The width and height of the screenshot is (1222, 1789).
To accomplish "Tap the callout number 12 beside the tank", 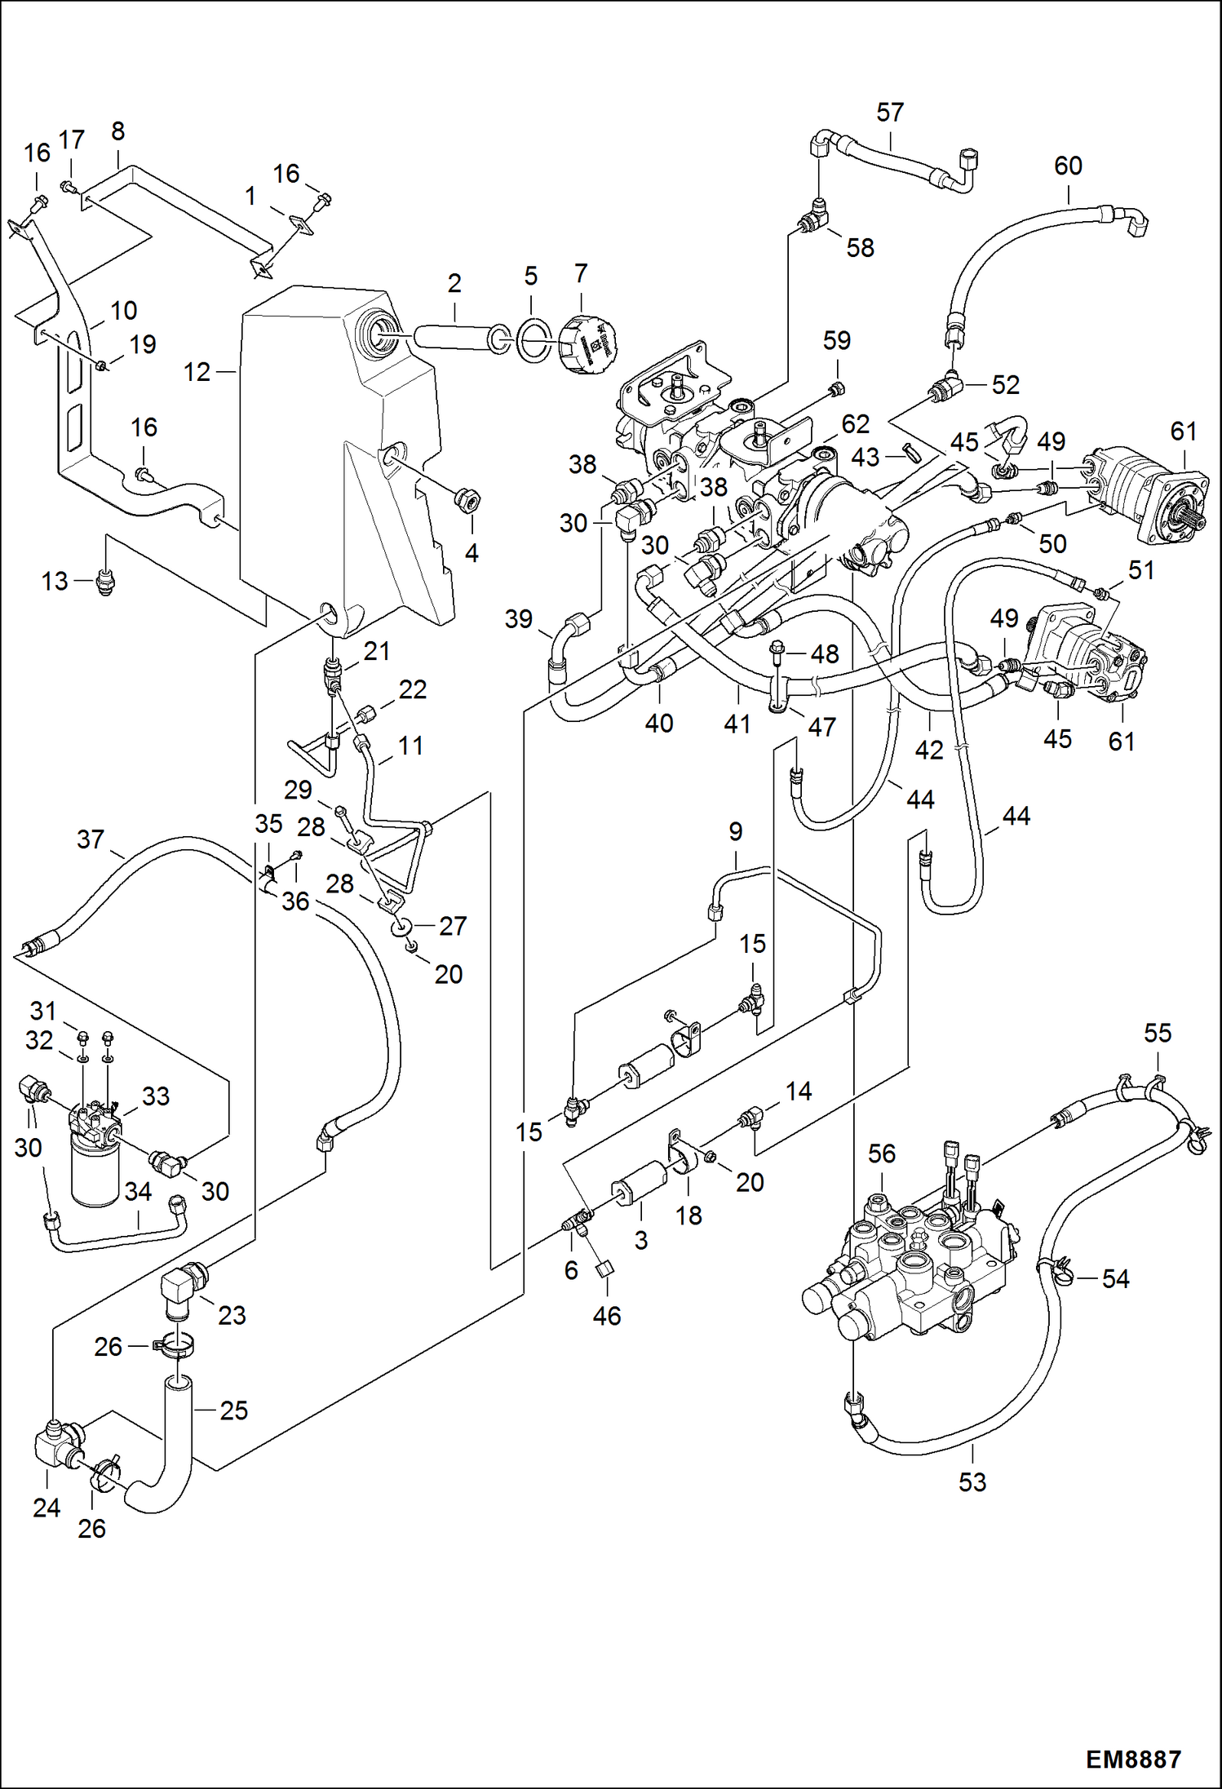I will click(197, 373).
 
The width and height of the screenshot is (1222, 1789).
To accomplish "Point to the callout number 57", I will click(890, 113).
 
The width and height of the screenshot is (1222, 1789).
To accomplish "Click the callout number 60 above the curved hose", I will click(1068, 166).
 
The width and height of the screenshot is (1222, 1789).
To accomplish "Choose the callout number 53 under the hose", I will click(972, 1481).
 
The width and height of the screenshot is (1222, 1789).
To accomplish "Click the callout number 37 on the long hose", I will click(91, 839).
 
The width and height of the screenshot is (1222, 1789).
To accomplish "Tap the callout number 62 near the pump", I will click(855, 424).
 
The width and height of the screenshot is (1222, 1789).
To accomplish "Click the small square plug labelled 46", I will click(605, 1269).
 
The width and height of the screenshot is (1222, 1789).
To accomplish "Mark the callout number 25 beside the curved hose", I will click(233, 1410).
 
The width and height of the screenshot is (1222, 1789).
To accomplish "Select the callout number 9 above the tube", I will click(735, 832).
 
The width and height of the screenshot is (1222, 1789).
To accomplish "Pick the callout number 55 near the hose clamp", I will click(1157, 1033).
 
